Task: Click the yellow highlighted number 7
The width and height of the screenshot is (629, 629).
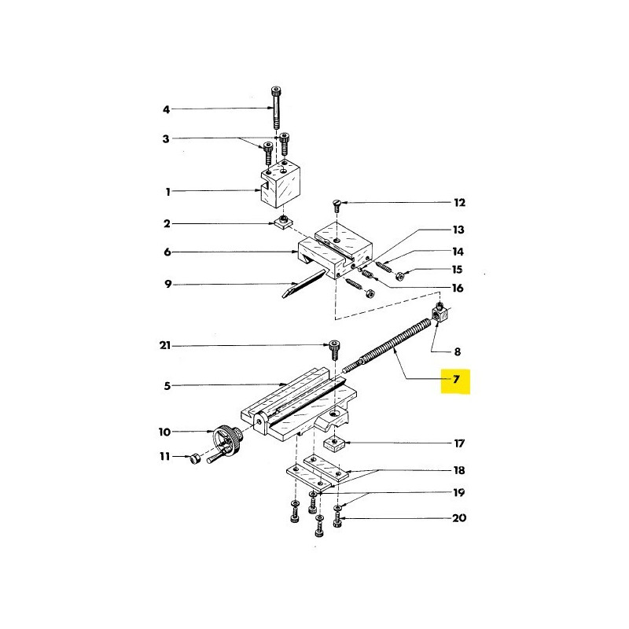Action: click(454, 381)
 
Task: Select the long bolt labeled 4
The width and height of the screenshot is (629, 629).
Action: click(275, 109)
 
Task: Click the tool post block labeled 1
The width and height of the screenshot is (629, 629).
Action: click(281, 189)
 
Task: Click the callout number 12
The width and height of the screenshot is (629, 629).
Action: click(459, 203)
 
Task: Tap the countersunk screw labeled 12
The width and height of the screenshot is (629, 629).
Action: click(337, 207)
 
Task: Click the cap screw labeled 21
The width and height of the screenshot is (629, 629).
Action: click(335, 348)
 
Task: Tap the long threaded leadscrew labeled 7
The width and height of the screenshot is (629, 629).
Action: click(393, 343)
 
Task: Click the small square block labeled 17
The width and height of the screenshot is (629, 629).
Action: click(335, 446)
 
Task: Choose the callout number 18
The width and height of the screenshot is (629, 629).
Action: click(459, 471)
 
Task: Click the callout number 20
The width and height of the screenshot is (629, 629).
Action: click(459, 519)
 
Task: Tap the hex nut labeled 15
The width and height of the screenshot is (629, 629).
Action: click(400, 275)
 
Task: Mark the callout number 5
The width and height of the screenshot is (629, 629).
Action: click(166, 386)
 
